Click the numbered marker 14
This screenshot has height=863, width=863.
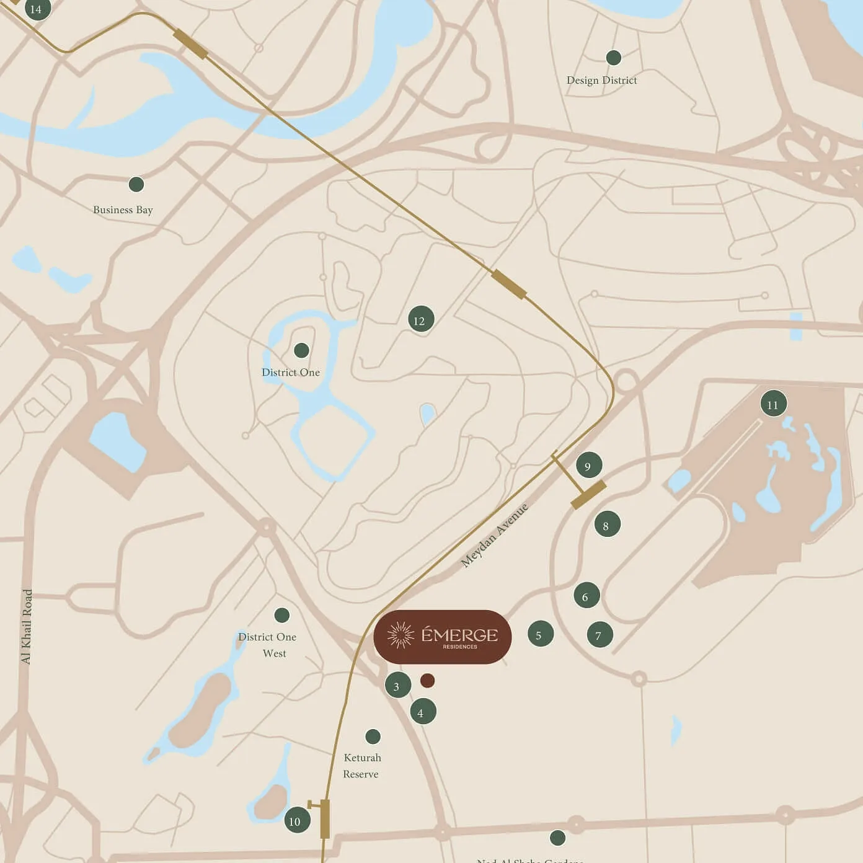coord(37,9)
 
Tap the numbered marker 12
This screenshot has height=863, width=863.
coord(420,320)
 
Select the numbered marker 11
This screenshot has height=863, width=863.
coord(773,404)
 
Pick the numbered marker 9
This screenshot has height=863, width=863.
coord(588,466)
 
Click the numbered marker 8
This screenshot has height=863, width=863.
coord(606,525)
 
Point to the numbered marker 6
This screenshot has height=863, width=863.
coord(586,596)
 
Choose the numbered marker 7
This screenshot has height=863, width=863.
coord(600,635)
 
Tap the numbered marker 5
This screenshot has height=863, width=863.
coord(540,634)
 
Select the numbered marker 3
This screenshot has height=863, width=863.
coord(397,686)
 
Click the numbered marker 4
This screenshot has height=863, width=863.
coord(422,712)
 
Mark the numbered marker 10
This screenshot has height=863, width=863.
coord(296,821)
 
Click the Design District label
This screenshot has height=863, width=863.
coord(601,81)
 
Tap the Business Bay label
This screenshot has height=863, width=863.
coord(123,210)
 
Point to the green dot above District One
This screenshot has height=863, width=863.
coord(301,350)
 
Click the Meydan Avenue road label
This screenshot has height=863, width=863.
coord(495,536)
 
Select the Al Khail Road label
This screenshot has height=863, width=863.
coord(27,626)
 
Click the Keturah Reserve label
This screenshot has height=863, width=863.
coord(361,766)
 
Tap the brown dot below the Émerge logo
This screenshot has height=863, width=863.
coord(427,681)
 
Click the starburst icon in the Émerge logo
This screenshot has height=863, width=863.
coord(401,635)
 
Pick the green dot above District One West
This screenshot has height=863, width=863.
coord(282,615)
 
